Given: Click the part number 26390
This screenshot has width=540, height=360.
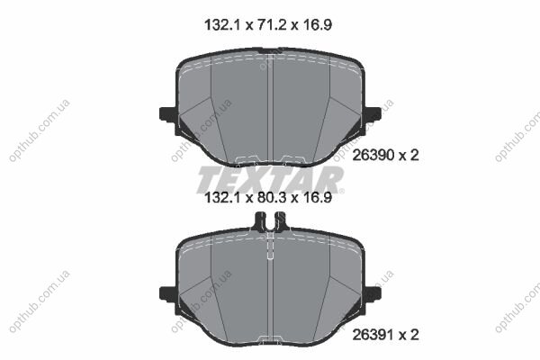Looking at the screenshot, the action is click(x=373, y=156).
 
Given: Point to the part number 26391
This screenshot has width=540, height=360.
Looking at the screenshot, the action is click(x=373, y=335).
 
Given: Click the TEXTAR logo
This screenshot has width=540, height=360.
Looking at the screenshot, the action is click(x=270, y=179).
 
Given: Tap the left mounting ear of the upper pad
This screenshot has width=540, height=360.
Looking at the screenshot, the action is click(x=168, y=114).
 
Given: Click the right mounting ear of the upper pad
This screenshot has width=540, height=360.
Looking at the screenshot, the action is click(x=373, y=114).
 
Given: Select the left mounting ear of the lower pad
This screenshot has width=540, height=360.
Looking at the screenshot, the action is click(x=168, y=294).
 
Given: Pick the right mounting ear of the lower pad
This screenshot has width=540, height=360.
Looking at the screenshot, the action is click(x=373, y=294).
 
